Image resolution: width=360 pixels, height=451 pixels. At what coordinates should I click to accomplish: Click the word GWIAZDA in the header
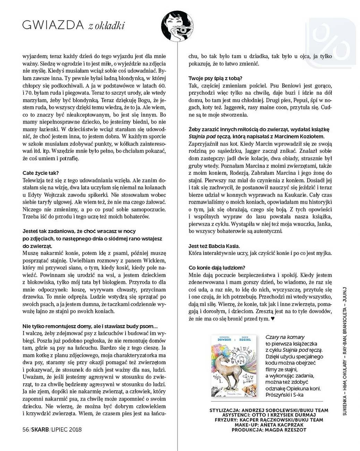53,25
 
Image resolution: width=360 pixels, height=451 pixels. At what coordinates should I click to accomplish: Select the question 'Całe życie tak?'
41,173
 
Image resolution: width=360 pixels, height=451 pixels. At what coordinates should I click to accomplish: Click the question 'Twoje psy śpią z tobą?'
215,78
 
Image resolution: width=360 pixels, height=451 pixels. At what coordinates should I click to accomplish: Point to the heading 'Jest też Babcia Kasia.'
214,246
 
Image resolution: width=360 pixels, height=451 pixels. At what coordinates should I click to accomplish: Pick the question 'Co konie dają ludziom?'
217,268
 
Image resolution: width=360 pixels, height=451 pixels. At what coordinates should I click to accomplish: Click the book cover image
234,366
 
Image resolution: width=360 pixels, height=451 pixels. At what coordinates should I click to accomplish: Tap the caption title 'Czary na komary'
285,337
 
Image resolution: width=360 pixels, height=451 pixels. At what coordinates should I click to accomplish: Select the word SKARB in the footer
40,429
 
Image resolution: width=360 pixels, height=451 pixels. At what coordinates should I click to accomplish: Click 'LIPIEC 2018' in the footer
67,429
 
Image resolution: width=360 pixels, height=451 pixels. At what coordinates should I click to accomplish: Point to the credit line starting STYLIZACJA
269,410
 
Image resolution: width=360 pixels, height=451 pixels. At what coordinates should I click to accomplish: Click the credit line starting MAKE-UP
269,425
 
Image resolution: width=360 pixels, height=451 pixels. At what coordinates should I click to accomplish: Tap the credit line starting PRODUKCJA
269,429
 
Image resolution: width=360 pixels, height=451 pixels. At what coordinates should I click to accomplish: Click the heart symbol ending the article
273,318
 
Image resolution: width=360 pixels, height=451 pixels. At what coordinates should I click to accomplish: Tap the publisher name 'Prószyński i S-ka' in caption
284,395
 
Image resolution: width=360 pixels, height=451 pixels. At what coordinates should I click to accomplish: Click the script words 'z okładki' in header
106,26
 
